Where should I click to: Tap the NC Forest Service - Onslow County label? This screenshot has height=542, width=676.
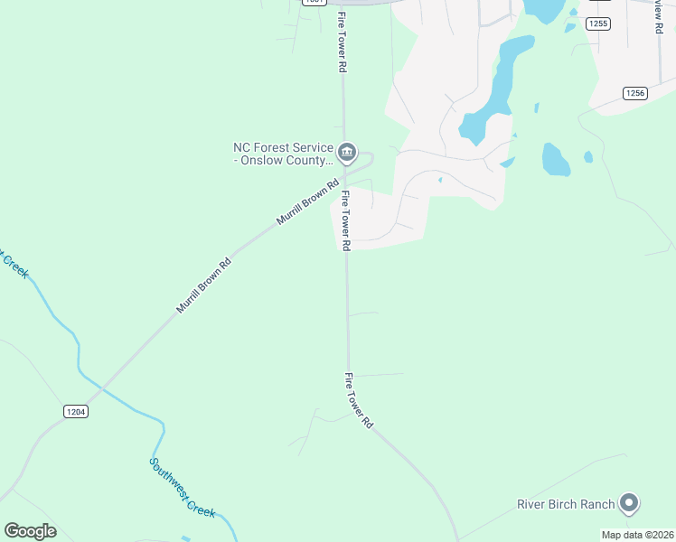[284, 154]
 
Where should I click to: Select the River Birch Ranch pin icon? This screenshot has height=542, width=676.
[630, 503]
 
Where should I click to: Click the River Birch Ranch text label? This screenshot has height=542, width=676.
[566, 504]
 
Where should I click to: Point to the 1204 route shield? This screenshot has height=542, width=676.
[76, 411]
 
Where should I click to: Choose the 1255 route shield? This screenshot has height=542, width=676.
[597, 23]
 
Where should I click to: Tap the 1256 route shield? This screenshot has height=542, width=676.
[635, 93]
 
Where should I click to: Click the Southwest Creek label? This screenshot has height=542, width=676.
[183, 488]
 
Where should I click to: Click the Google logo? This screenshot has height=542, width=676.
[30, 531]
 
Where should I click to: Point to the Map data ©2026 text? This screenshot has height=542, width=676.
[637, 535]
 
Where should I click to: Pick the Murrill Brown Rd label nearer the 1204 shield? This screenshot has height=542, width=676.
[204, 285]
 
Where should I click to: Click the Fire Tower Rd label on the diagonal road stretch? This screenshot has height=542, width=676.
[359, 399]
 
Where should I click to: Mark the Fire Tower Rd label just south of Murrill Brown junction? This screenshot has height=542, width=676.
[346, 220]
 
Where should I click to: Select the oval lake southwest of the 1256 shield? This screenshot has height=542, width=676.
[555, 160]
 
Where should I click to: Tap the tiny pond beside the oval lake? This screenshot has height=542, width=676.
[588, 156]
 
